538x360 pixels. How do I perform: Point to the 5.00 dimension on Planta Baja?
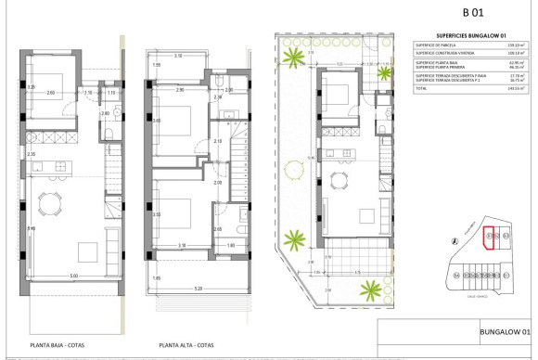74,276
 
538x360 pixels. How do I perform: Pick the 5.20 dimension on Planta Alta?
198,289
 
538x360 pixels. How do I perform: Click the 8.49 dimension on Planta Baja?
32,228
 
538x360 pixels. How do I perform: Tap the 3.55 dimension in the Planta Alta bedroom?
157,213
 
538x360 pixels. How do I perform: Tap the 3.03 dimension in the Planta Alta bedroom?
157,121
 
